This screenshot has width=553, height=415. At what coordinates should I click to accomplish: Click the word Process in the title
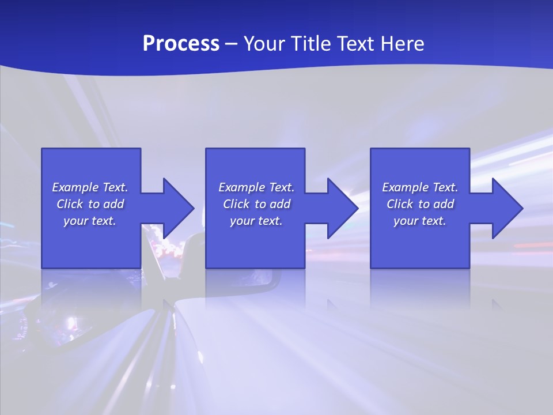click(x=181, y=44)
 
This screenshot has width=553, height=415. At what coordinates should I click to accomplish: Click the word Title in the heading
click(x=309, y=44)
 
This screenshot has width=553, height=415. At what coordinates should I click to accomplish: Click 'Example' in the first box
click(x=75, y=187)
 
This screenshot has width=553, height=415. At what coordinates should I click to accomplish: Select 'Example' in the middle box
click(x=241, y=187)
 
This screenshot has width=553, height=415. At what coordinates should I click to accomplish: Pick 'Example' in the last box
click(x=405, y=187)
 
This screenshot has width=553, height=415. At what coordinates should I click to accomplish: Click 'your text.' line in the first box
click(x=90, y=221)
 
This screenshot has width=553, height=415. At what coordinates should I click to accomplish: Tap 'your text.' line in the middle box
click(x=256, y=221)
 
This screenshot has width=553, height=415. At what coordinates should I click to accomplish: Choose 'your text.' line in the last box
click(x=420, y=221)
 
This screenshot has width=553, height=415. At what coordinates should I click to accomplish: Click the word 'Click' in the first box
click(x=69, y=204)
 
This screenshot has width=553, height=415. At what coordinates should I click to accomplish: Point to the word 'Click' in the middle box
click(x=236, y=204)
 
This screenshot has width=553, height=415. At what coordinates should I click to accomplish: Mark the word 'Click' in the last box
click(x=399, y=204)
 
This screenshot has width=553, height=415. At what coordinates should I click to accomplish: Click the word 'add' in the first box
click(x=113, y=204)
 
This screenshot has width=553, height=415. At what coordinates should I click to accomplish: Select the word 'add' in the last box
click(x=444, y=204)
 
